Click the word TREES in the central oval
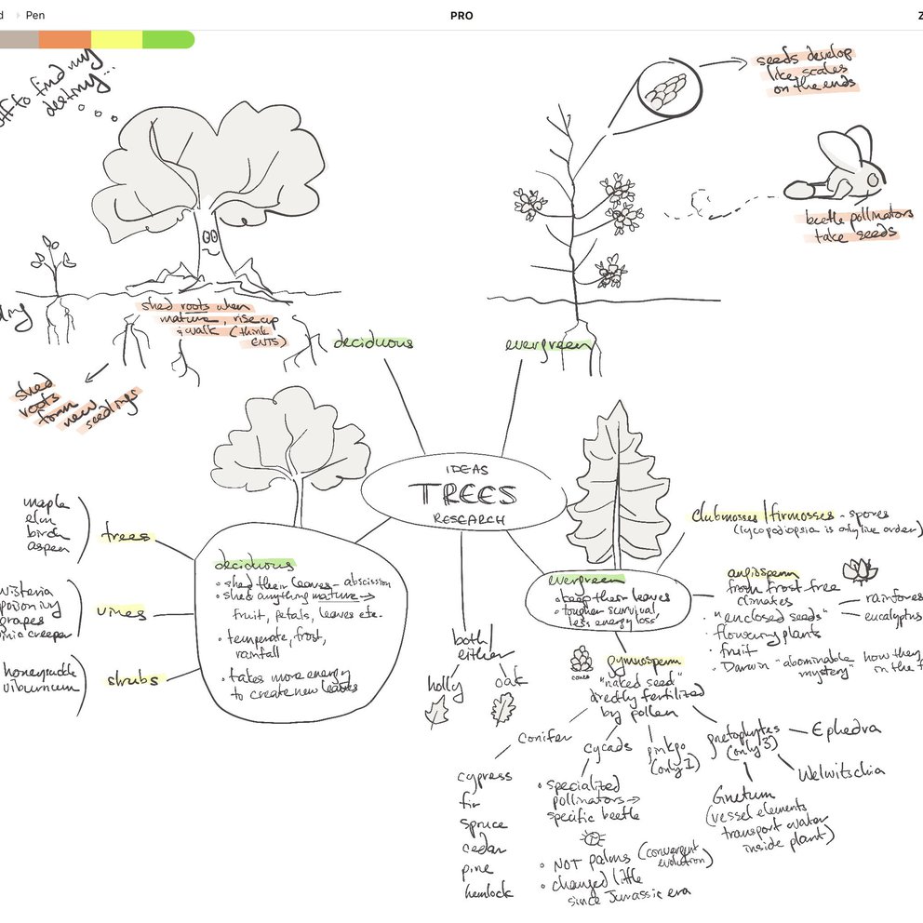(462, 493)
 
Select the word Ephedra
(845, 729)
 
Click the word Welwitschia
(841, 770)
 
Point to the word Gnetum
(739, 797)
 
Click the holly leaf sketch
(435, 715)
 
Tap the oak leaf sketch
(503, 710)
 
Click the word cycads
(609, 747)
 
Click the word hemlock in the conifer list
(488, 892)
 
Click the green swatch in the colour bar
(167, 39)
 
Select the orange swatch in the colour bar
(64, 39)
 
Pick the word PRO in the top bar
(461, 15)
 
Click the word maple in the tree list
(43, 505)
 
